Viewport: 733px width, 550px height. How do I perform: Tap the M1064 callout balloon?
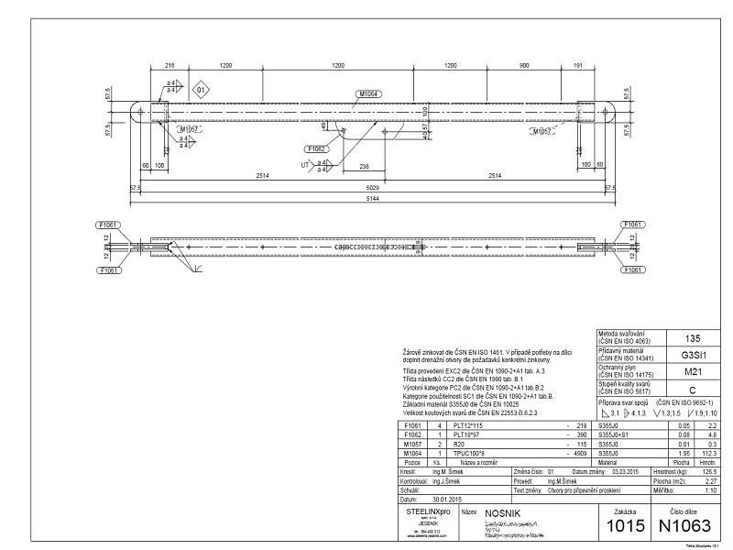point(369,93)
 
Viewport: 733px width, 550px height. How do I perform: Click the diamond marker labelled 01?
point(202,90)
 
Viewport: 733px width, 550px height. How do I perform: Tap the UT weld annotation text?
point(305,165)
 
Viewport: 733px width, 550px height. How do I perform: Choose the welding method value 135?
point(693,338)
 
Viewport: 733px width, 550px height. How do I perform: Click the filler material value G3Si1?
point(693,355)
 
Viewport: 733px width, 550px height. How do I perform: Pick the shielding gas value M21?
point(693,371)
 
